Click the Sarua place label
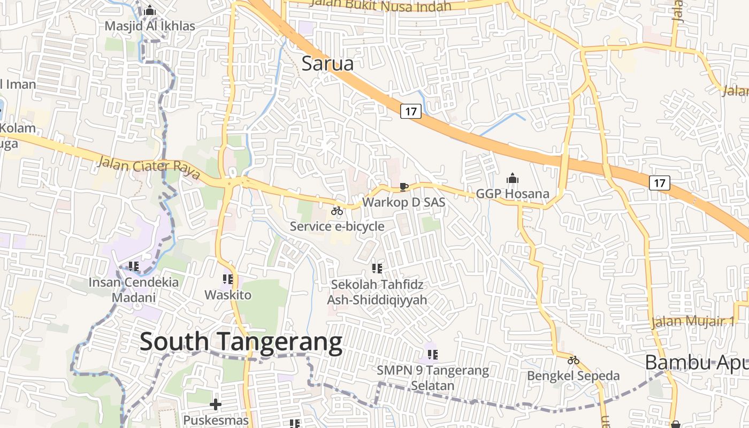(x=327, y=64)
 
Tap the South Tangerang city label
(x=241, y=342)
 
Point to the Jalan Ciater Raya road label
(x=149, y=166)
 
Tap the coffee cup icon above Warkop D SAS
(x=404, y=187)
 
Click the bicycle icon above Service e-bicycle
(x=337, y=211)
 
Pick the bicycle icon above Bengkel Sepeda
(x=574, y=360)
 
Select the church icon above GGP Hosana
(x=513, y=178)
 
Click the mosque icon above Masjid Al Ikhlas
(x=150, y=11)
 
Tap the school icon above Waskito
(x=228, y=279)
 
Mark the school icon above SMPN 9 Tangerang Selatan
(x=433, y=354)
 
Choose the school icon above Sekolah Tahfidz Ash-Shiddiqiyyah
(x=377, y=268)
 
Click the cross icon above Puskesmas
(x=216, y=404)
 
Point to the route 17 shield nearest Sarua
(x=410, y=111)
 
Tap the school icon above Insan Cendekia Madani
(x=134, y=266)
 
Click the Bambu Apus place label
(x=695, y=362)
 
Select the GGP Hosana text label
(x=513, y=194)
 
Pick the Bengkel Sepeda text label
(x=574, y=376)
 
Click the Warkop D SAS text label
(x=404, y=203)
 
